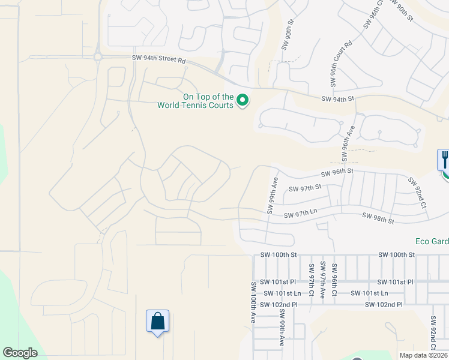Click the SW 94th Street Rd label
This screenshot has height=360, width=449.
pos(160,59)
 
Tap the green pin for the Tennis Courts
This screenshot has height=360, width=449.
pos(243,100)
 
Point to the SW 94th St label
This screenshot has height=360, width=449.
pos(339,99)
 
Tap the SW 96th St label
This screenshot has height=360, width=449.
pos(339,173)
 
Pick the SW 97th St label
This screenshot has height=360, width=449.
pos(306,188)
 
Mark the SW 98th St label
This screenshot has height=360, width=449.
pos(378,217)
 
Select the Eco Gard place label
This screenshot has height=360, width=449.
pos(432,242)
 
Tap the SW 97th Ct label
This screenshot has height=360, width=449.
pos(312,280)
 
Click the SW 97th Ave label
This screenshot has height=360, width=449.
pos(323,280)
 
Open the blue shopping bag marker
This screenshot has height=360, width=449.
pos(157,321)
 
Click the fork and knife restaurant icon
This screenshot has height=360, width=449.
pos(444,160)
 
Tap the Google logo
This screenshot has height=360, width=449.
pos(20,353)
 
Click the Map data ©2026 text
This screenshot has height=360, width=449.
pos(423,355)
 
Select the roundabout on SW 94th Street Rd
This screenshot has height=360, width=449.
pos(97,57)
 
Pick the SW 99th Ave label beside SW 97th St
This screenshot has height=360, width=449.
pos(271,196)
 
